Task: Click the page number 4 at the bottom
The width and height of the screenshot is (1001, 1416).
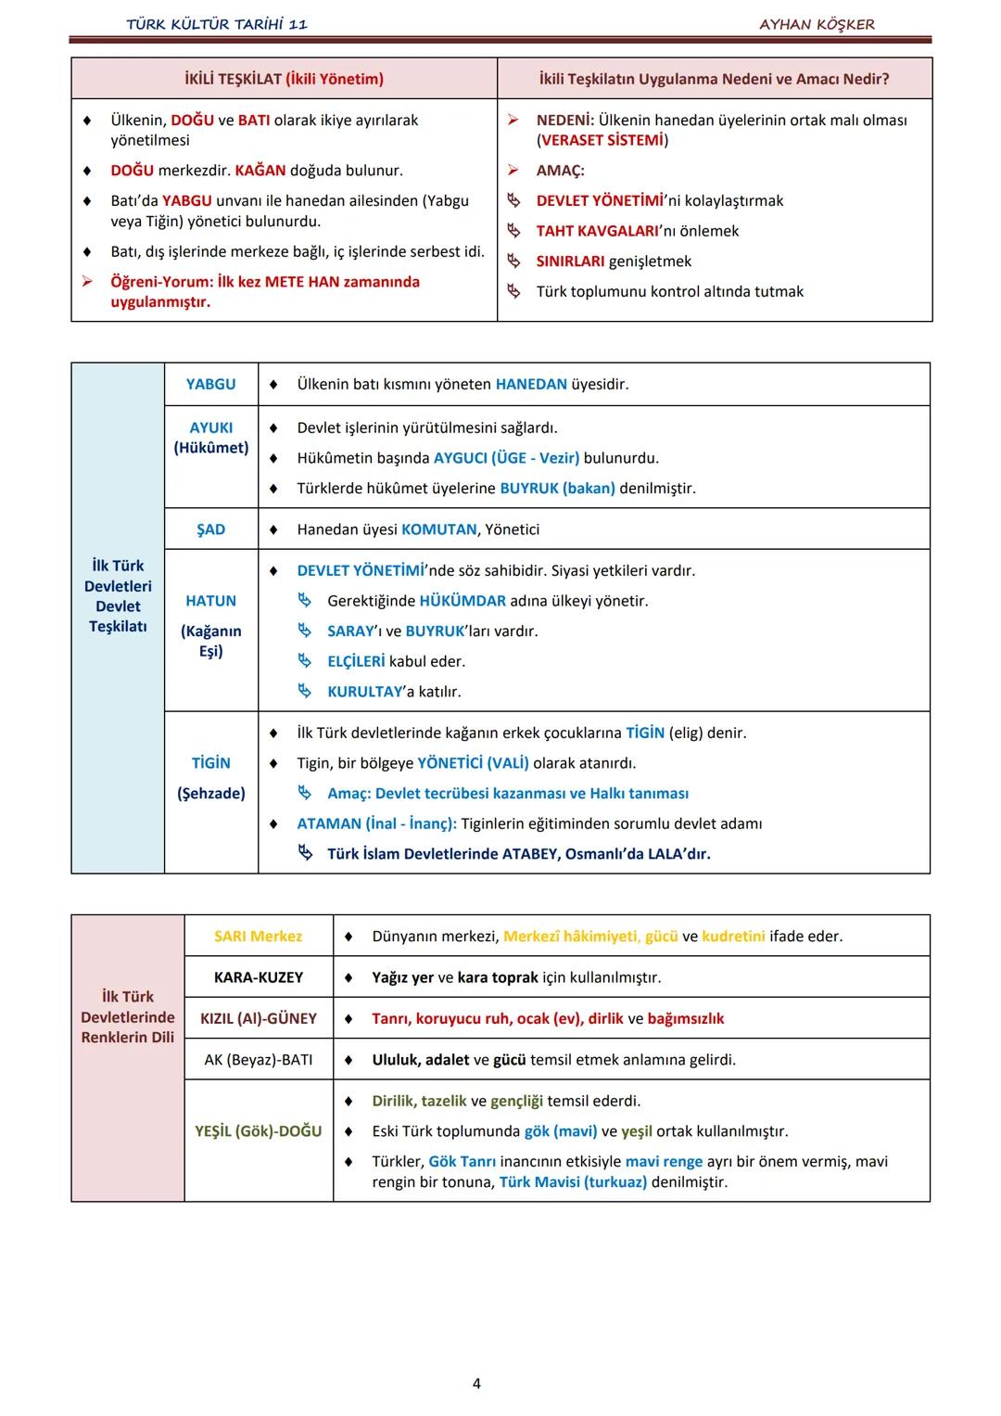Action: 476,1384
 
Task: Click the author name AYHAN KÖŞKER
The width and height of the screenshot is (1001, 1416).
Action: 817,24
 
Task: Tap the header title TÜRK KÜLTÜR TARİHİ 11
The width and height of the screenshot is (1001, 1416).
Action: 217,24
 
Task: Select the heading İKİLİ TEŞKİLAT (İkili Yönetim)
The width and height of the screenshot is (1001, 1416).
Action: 284,79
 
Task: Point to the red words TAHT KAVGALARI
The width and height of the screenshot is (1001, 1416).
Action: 595,231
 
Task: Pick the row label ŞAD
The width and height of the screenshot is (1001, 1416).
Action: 210,529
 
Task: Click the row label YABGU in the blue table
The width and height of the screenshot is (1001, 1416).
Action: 210,384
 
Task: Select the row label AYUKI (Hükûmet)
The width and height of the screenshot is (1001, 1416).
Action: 210,438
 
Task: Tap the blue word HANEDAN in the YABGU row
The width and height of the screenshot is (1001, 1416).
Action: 531,384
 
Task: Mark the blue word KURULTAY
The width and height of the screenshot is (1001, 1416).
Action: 365,692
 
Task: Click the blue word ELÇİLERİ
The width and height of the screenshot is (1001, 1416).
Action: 356,661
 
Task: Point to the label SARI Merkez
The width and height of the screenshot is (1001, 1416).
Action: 258,936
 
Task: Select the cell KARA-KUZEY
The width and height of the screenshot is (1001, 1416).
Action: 258,977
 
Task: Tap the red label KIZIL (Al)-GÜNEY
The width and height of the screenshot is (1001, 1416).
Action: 258,1018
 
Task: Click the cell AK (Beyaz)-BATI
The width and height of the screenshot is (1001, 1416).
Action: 258,1059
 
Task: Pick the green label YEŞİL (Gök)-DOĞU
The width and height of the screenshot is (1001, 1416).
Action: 258,1131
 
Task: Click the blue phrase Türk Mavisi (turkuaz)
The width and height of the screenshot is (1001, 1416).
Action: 573,1182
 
